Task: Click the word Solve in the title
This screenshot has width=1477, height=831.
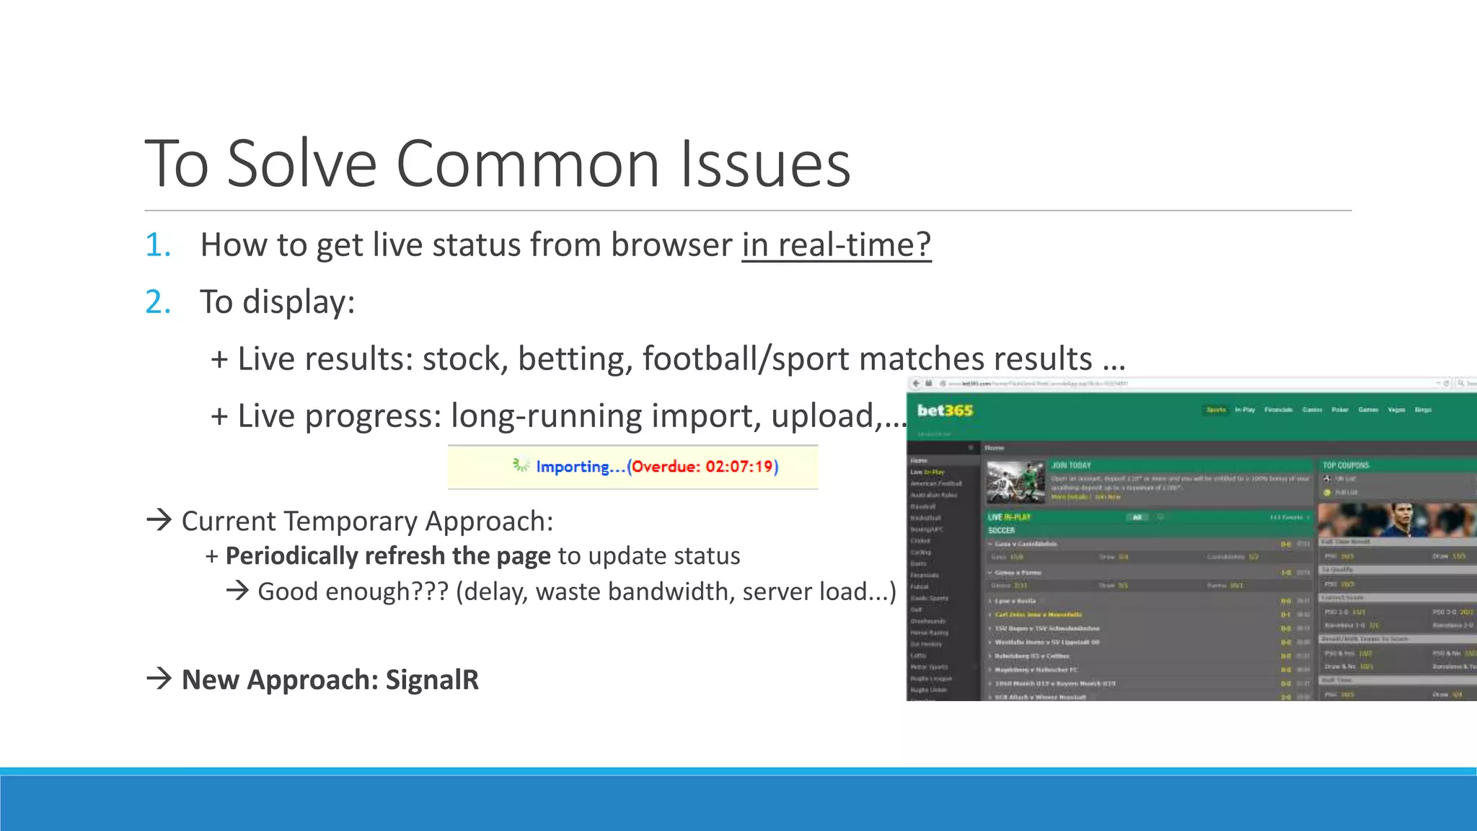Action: pyautogui.click(x=302, y=164)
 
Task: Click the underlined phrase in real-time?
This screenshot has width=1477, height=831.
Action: pyautogui.click(x=836, y=245)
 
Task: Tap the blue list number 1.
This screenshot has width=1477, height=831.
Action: pyautogui.click(x=158, y=245)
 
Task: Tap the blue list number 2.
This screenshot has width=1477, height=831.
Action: pyautogui.click(x=158, y=302)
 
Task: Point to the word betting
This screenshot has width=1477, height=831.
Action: pyautogui.click(x=575, y=359)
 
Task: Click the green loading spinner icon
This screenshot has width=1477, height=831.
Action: pyautogui.click(x=521, y=465)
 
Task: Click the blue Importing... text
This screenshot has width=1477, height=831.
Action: pyautogui.click(x=581, y=467)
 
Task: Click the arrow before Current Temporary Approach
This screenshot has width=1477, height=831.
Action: pyautogui.click(x=159, y=519)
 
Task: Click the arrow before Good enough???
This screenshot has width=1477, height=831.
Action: pyautogui.click(x=237, y=591)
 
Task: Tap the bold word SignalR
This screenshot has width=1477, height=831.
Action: pyautogui.click(x=432, y=680)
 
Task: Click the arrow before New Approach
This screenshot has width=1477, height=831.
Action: pyautogui.click(x=159, y=678)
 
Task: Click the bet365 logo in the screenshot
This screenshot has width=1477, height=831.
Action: pyautogui.click(x=945, y=410)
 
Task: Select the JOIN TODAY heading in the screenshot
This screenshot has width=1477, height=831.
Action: pyautogui.click(x=1071, y=465)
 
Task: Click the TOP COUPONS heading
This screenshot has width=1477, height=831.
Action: pyautogui.click(x=1346, y=465)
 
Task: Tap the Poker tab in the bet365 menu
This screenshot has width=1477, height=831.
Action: pyautogui.click(x=1340, y=410)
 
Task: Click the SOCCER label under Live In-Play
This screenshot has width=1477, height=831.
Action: pyautogui.click(x=1001, y=530)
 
